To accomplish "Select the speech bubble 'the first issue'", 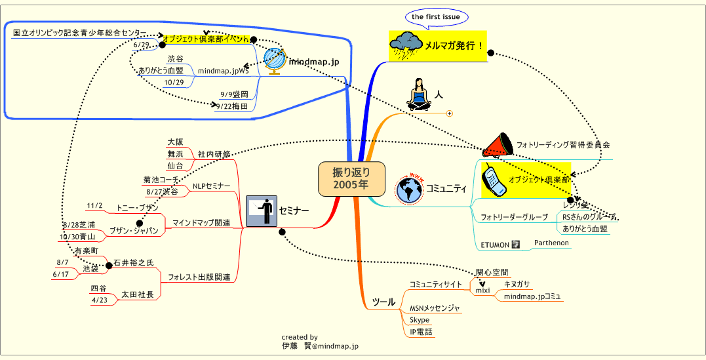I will click(x=435, y=16).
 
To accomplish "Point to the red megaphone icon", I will click(x=498, y=144).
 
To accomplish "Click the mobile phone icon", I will click(x=494, y=180).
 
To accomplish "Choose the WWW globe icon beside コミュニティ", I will click(x=410, y=189).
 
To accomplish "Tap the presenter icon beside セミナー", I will click(x=261, y=210).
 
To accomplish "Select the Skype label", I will click(x=420, y=320).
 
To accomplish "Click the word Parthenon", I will click(x=551, y=243).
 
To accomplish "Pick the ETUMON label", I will click(x=495, y=245).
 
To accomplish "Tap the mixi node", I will click(x=482, y=290).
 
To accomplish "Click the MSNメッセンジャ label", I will click(x=435, y=308).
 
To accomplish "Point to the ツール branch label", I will click(x=383, y=302).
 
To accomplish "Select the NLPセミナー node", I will click(x=210, y=187).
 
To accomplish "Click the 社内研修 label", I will click(x=214, y=154).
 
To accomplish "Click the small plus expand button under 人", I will click(x=450, y=113).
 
